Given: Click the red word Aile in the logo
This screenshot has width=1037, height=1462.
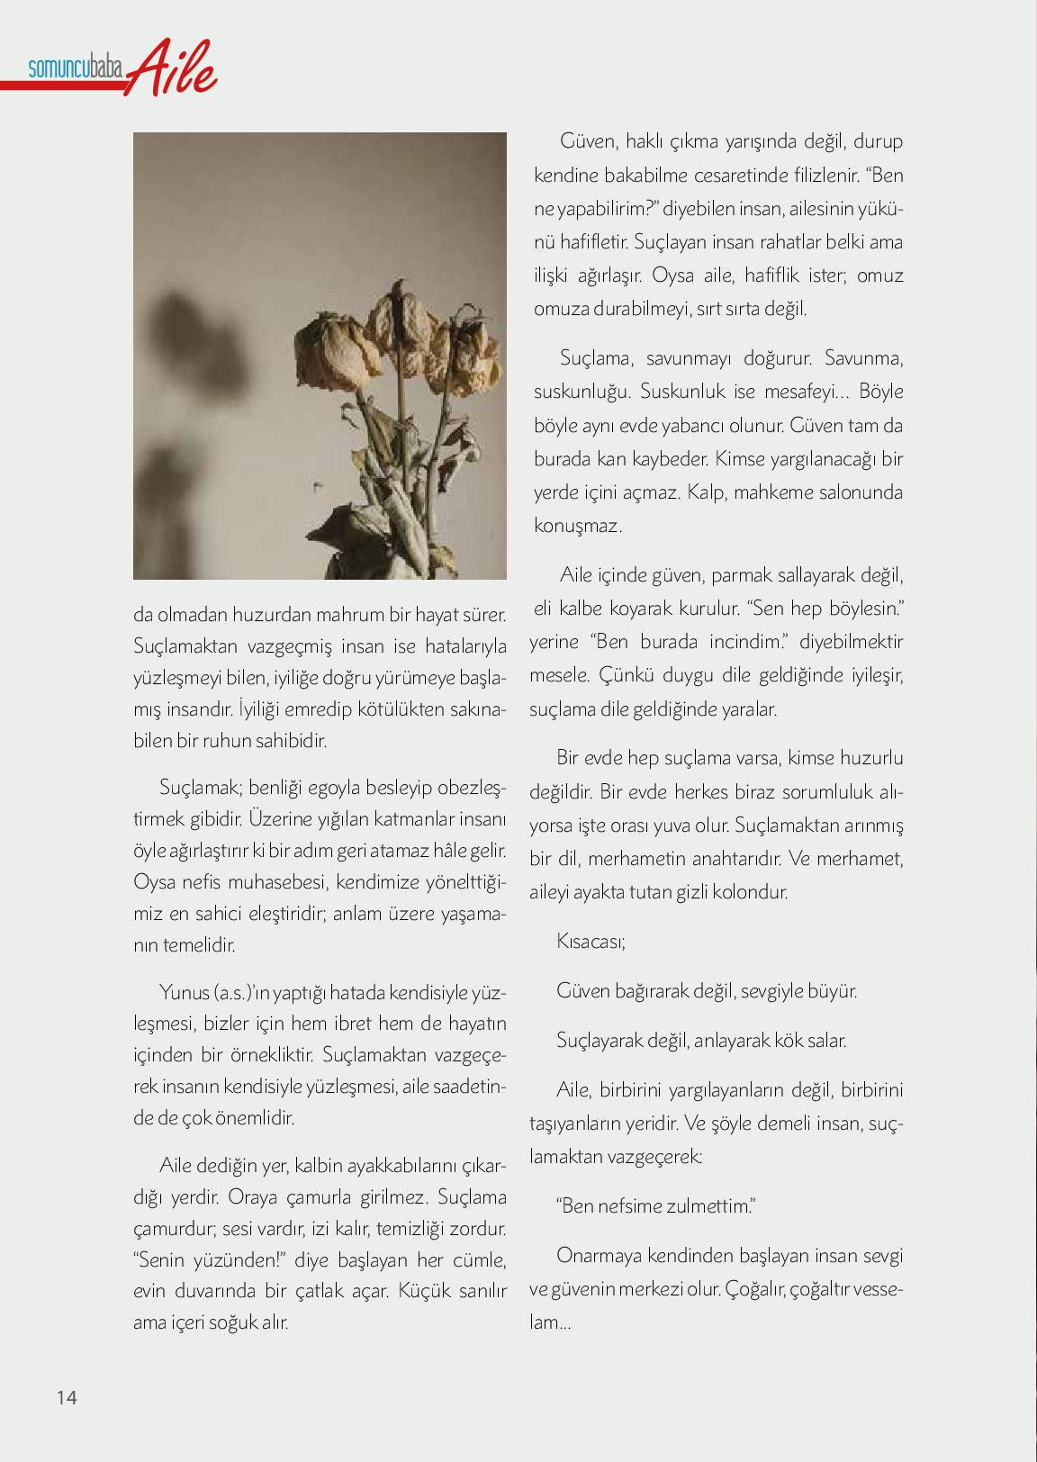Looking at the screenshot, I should [x=175, y=68].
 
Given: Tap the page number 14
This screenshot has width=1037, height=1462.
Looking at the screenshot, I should [x=67, y=1397].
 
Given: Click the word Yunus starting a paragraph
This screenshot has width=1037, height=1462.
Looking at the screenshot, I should [x=184, y=992].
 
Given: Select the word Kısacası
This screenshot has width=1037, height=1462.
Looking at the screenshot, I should [x=591, y=942].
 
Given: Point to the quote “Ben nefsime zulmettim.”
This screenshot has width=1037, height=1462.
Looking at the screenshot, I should [x=655, y=1205].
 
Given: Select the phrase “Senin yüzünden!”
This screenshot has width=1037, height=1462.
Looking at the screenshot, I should [x=208, y=1259].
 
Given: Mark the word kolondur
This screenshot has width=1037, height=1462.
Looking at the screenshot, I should [x=754, y=892].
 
